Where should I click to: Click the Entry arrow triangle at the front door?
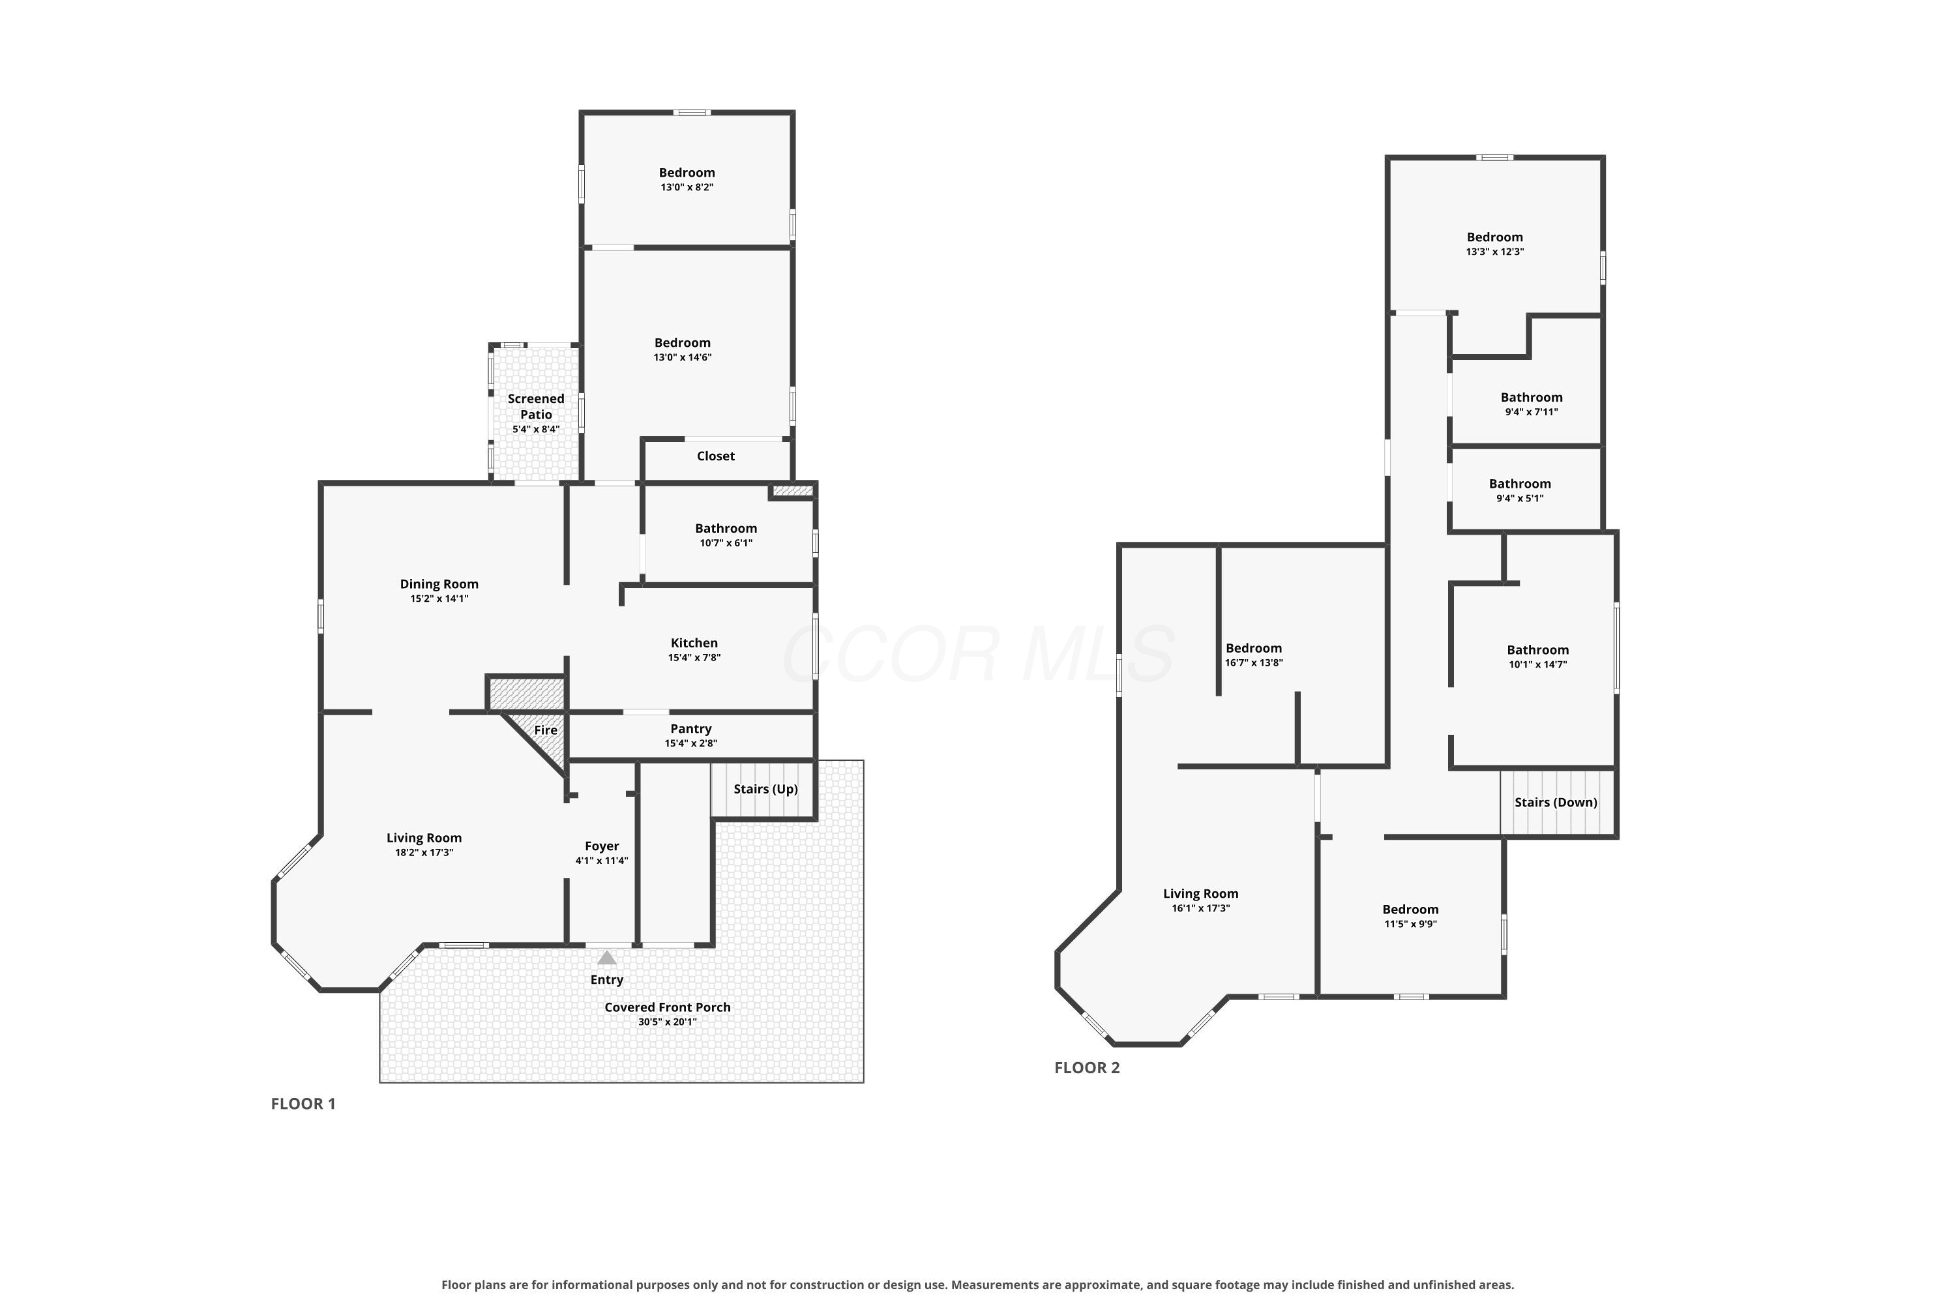[x=607, y=958]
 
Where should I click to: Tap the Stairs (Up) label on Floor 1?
[x=765, y=789]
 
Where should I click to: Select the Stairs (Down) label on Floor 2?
[x=1556, y=803]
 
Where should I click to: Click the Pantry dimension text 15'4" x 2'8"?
[x=690, y=743]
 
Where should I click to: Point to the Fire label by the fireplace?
[x=546, y=730]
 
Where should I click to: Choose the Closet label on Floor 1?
[x=715, y=456]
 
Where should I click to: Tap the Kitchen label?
[x=694, y=643]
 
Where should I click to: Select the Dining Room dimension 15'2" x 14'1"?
[x=439, y=599]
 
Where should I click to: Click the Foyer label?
[x=601, y=846]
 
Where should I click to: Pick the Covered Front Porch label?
[x=668, y=1007]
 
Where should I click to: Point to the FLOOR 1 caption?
[x=303, y=1104]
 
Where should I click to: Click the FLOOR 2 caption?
[x=1087, y=1068]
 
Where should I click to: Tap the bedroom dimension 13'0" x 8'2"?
[x=687, y=187]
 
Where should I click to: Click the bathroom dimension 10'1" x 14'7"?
[x=1537, y=664]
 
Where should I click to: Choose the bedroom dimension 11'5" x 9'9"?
[x=1410, y=924]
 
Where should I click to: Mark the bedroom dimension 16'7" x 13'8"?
[x=1253, y=663]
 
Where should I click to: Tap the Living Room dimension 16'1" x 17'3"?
[x=1201, y=908]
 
